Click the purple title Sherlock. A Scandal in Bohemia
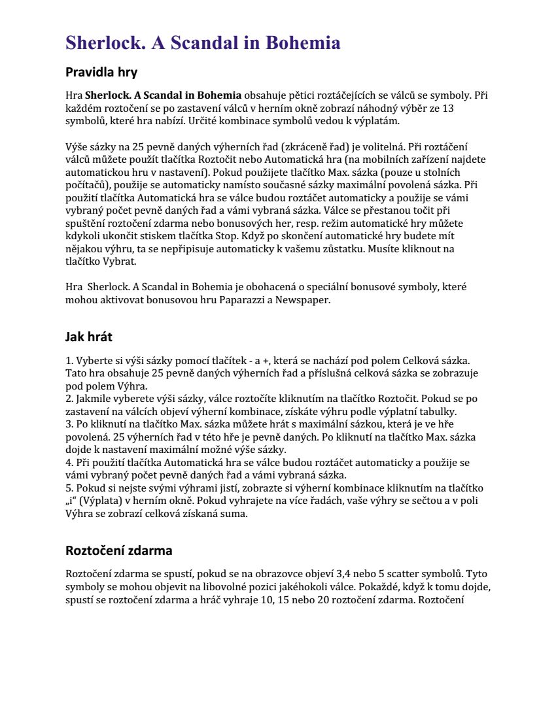pyautogui.click(x=203, y=43)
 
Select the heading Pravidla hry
pyautogui.click(x=101, y=72)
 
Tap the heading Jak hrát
pyautogui.click(x=89, y=337)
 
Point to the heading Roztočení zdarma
pyautogui.click(x=118, y=550)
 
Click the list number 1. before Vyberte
pyautogui.click(x=69, y=360)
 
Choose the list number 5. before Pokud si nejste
pyautogui.click(x=69, y=488)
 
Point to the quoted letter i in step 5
pyautogui.click(x=71, y=501)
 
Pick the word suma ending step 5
pyautogui.click(x=235, y=514)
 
